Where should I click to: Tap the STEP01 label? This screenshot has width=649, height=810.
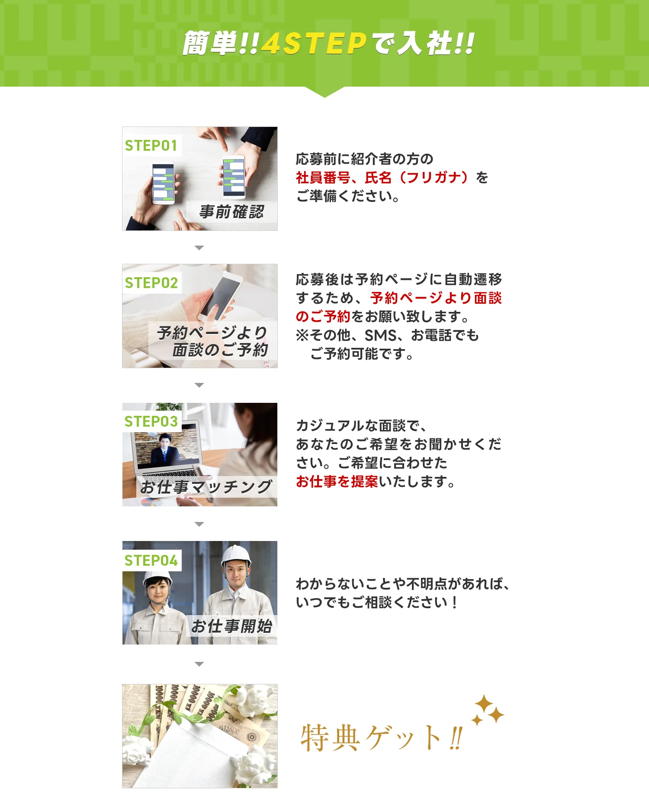point(151,146)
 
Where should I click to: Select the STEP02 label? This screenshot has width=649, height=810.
point(151,283)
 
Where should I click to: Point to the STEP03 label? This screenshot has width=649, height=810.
point(151,421)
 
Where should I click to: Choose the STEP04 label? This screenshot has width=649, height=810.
point(151,561)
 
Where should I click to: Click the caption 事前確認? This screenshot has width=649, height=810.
point(231,212)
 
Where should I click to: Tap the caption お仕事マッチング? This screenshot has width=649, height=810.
point(206,487)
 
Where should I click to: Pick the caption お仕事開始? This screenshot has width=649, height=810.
point(231,626)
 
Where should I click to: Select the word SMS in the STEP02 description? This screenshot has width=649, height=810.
point(380,335)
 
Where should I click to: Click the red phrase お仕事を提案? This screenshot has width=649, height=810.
point(337,481)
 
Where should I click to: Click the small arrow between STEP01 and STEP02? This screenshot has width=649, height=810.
point(199,248)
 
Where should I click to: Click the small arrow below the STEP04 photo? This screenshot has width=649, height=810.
point(199,664)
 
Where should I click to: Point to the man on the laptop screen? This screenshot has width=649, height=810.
point(165,450)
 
